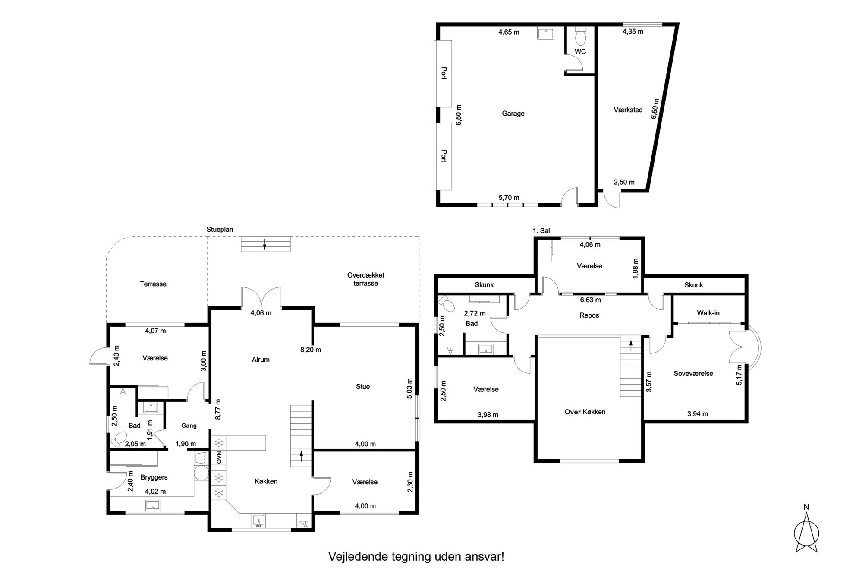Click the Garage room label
pyautogui.click(x=513, y=114)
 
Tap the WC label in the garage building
pyautogui.click(x=580, y=51)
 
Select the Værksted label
pyautogui.click(x=628, y=110)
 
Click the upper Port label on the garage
pyautogui.click(x=444, y=73)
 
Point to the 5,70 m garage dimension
pyautogui.click(x=509, y=198)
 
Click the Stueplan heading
pyautogui.click(x=220, y=230)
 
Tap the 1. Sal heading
pyautogui.click(x=541, y=231)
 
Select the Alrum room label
pyautogui.click(x=261, y=360)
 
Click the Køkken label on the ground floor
pyautogui.click(x=266, y=481)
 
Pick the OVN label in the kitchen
pyautogui.click(x=219, y=457)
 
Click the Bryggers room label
pyautogui.click(x=154, y=477)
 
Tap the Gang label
pyautogui.click(x=189, y=426)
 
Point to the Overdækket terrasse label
pyautogui.click(x=366, y=279)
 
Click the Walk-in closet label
pyautogui.click(x=708, y=313)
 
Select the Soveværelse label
pyautogui.click(x=693, y=374)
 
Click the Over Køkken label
pyautogui.click(x=585, y=412)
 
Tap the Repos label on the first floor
pyautogui.click(x=589, y=315)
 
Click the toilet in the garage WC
pyautogui.click(x=581, y=36)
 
